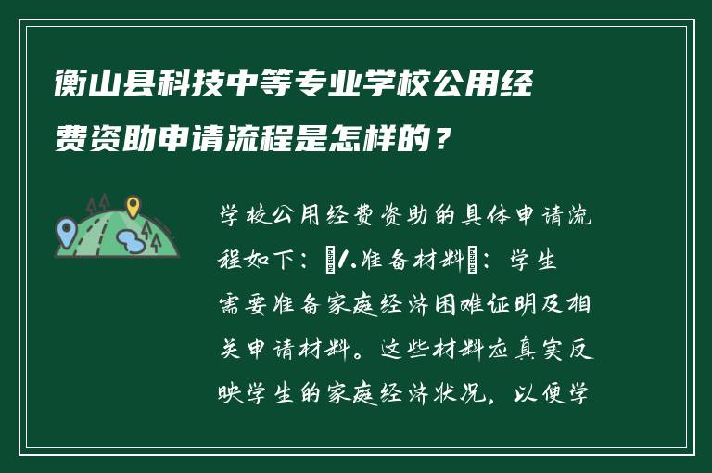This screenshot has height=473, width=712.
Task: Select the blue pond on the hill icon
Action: click(131, 242)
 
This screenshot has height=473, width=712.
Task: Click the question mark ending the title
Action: click(446, 141)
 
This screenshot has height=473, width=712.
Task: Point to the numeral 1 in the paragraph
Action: click(345, 262)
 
